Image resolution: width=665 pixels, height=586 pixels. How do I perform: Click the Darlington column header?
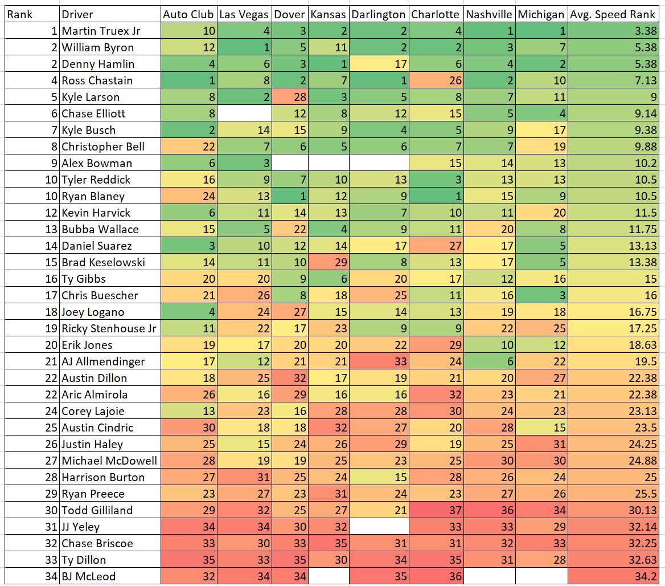pos(378,14)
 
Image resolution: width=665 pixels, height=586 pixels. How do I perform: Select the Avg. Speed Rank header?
pos(616,14)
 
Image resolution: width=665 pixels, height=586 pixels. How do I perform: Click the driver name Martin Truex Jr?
pos(101,31)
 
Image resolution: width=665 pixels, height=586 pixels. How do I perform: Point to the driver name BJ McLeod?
pos(89,576)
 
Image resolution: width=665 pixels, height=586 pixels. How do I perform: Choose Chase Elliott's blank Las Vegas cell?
pos(245,113)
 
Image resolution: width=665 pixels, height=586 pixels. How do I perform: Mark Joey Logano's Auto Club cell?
pos(188,312)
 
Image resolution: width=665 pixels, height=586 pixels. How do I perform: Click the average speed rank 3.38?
pos(616,31)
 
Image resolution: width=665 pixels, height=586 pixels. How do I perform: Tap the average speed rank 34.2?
pos(616,576)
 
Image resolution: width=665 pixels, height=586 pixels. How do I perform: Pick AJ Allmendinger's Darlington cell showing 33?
pos(378,361)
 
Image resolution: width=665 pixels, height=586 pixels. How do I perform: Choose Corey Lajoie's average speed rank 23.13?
pos(616,411)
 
